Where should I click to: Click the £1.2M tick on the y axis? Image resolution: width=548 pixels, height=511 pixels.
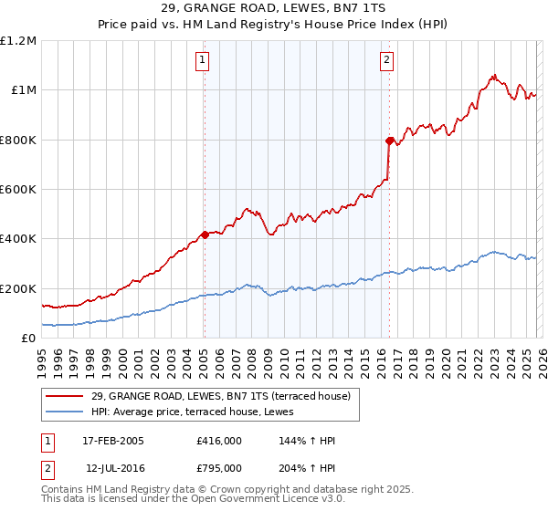click(19, 40)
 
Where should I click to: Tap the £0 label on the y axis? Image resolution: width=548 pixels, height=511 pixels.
click(29, 338)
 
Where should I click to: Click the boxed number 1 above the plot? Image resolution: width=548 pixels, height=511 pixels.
click(202, 61)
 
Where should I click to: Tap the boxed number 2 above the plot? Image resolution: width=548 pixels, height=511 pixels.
click(387, 61)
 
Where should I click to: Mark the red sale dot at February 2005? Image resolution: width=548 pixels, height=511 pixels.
click(205, 235)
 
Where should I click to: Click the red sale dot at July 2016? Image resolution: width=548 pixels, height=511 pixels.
click(390, 141)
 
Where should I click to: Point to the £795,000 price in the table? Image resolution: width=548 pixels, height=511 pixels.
click(218, 467)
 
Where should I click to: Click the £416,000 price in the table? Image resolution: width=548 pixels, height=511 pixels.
click(218, 440)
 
